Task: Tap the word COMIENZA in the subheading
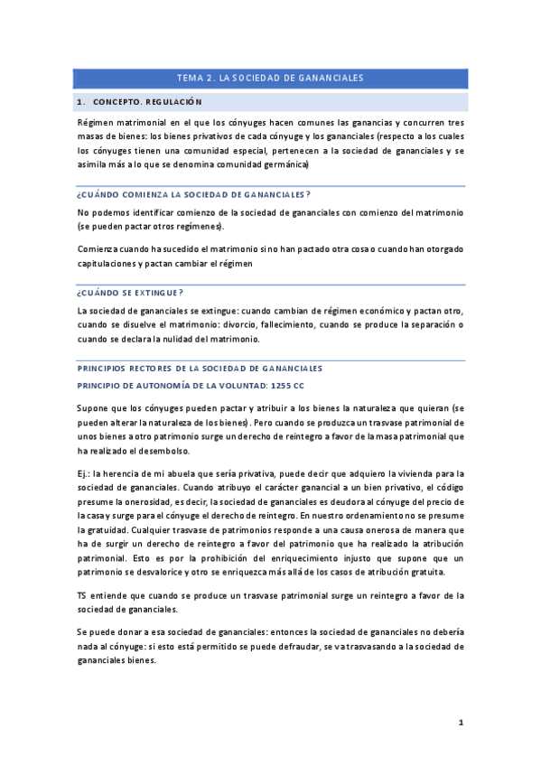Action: coord(145,194)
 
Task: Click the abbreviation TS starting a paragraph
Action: coord(83,595)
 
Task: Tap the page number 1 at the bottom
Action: coord(461,723)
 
